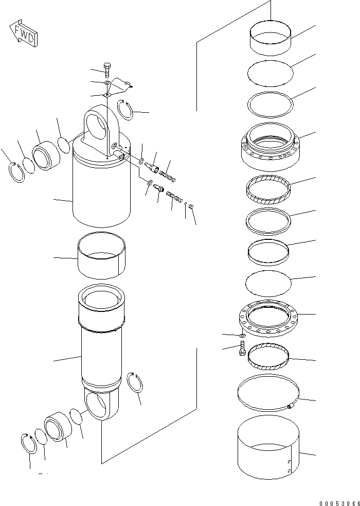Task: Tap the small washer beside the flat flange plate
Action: pos(242,336)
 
